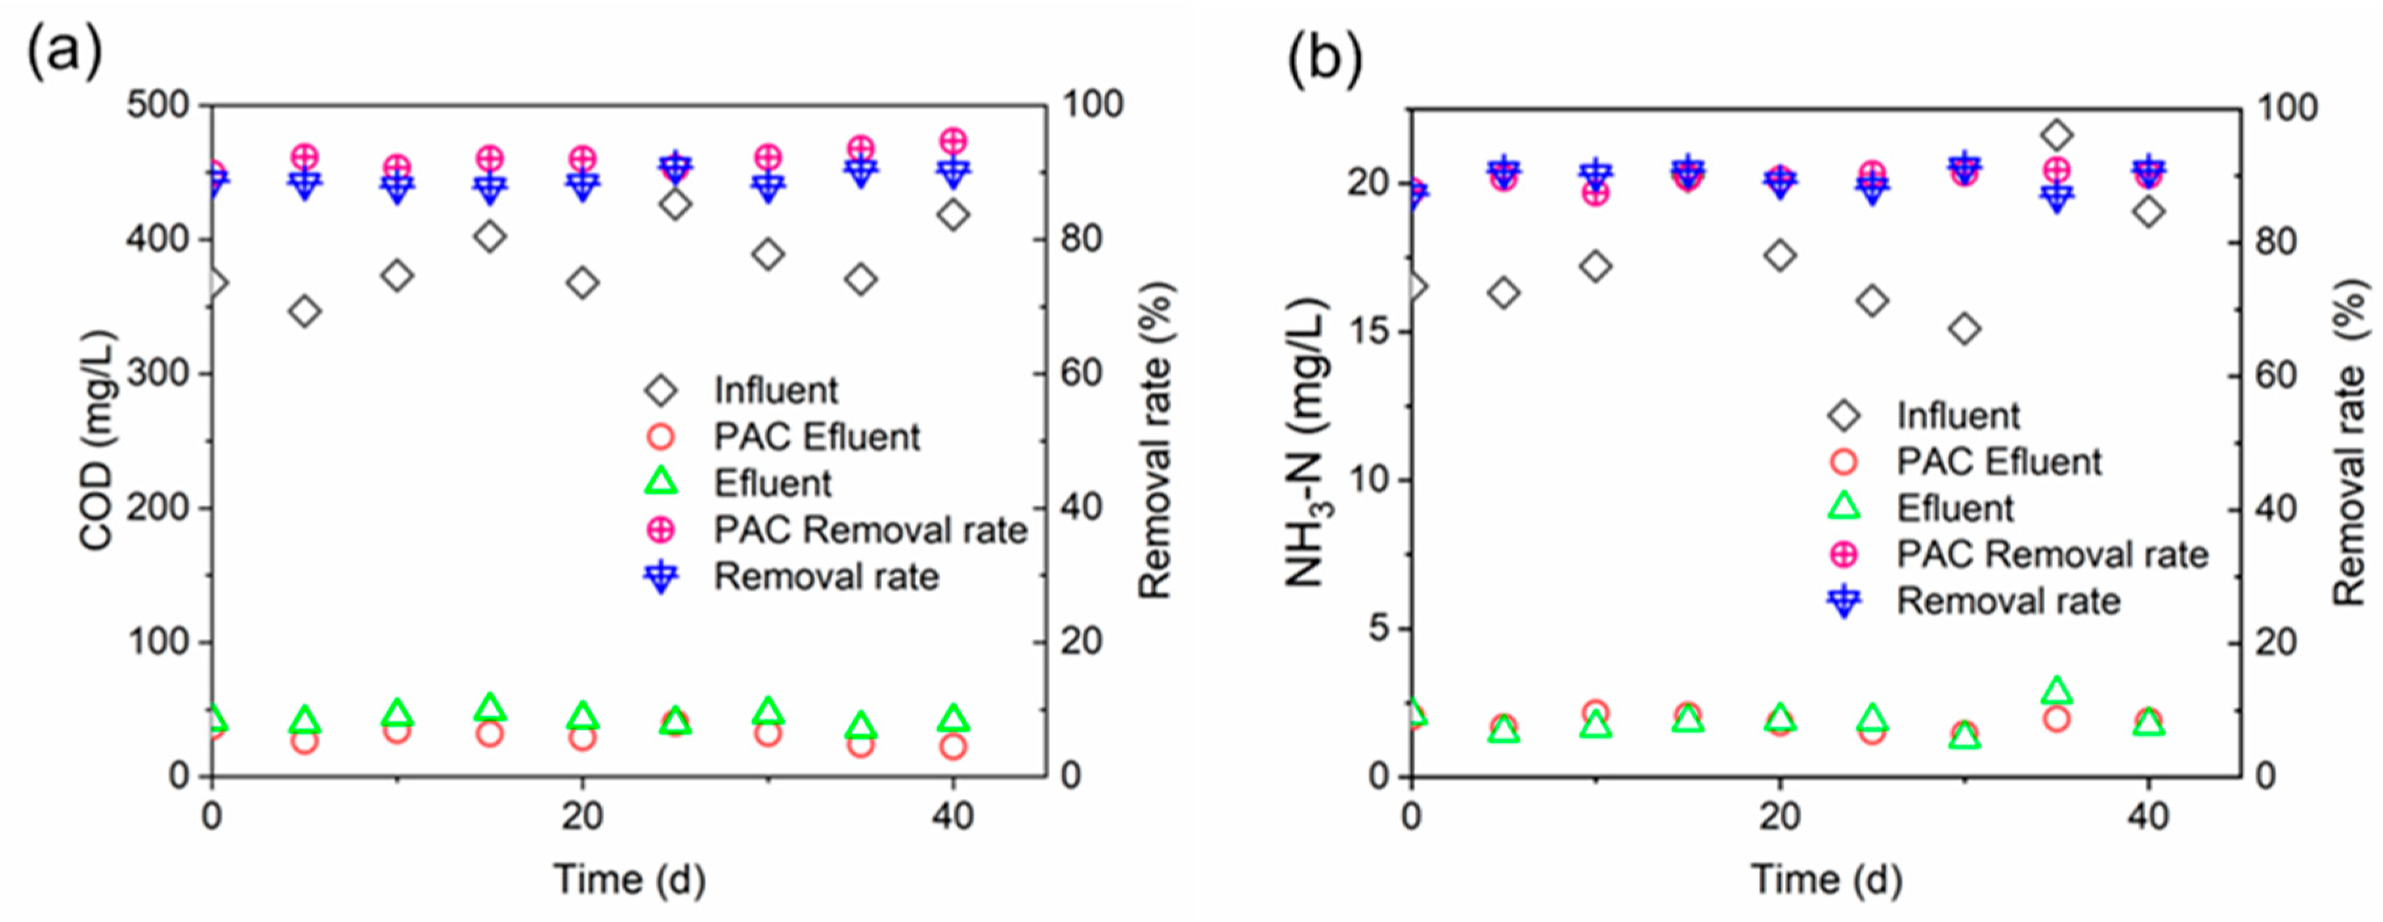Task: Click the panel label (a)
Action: pyautogui.click(x=63, y=54)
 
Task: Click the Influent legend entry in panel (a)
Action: pyautogui.click(x=775, y=390)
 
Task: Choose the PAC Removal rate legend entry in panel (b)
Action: pyautogui.click(x=2052, y=554)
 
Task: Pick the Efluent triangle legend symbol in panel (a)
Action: pyautogui.click(x=662, y=482)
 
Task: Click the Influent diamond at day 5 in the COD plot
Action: pyautogui.click(x=305, y=311)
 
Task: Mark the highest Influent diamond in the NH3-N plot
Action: pyautogui.click(x=2056, y=136)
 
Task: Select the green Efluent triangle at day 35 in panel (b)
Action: pyautogui.click(x=2056, y=690)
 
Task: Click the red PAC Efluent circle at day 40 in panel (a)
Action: pyautogui.click(x=953, y=746)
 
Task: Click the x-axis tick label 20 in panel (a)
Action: pyautogui.click(x=582, y=816)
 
